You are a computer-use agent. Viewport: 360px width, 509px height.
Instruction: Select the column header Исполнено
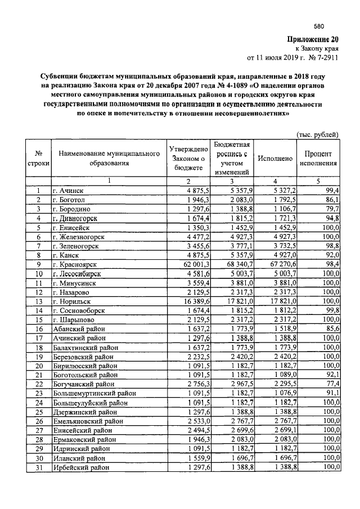coord(275,159)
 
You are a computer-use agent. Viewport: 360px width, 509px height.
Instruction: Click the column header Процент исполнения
coord(318,159)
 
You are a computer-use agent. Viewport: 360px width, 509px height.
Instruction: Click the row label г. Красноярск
coord(75,264)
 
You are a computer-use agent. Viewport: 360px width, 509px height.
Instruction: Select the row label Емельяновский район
coord(88,421)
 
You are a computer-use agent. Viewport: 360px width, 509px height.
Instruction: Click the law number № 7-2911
coord(324,58)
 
